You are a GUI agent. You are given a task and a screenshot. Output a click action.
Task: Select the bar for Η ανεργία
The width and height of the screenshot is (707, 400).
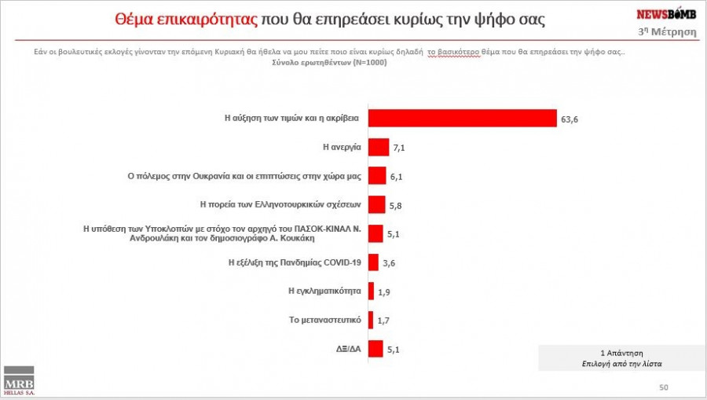(379, 147)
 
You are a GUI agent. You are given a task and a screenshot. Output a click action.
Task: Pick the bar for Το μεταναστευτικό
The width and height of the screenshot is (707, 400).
(371, 319)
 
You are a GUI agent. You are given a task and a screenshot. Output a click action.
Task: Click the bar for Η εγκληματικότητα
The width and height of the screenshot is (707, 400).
(371, 290)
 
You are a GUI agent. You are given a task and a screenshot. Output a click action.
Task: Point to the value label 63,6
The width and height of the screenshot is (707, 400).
(570, 119)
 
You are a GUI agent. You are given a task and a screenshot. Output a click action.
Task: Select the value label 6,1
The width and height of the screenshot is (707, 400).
(397, 177)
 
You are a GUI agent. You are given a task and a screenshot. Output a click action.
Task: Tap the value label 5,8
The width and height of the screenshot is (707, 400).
(396, 205)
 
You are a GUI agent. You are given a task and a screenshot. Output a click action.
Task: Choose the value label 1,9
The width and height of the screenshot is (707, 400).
(385, 292)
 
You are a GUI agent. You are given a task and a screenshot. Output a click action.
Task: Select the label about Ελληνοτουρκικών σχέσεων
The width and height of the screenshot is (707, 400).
(280, 204)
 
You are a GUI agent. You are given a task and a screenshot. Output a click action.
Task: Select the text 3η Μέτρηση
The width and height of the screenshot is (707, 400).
(667, 31)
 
